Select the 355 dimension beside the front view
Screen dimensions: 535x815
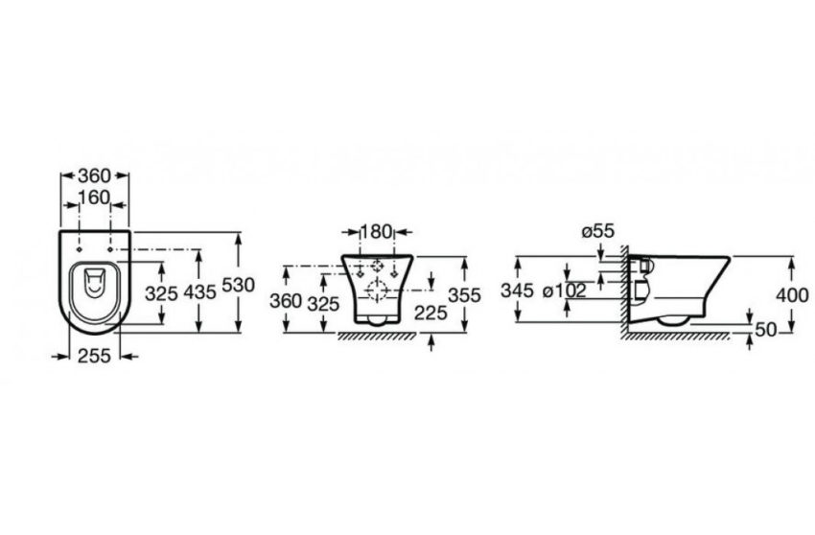pos(464,296)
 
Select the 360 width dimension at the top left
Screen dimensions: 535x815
pos(94,175)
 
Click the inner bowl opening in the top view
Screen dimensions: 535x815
pos(93,283)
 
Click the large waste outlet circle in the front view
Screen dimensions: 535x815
pos(380,291)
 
